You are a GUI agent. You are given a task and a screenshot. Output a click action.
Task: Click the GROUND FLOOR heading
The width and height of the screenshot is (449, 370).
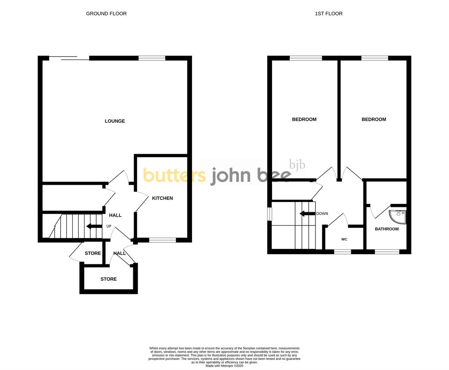pos(106,13)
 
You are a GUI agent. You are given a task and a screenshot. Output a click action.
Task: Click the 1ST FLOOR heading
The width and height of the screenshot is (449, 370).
pos(329,13)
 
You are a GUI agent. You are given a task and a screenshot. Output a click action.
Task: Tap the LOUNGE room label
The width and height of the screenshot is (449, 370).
pos(115,121)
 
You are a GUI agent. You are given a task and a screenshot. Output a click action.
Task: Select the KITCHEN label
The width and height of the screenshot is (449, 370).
pos(162,198)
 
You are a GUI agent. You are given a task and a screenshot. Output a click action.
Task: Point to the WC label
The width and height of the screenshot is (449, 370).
pos(344,239)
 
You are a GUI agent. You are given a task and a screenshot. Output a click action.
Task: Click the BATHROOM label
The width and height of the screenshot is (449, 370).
pos(387,229)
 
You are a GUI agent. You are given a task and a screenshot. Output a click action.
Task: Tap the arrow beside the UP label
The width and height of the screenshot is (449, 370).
pos(94,226)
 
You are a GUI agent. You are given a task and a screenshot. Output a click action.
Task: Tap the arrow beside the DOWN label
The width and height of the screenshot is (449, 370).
pos(307,214)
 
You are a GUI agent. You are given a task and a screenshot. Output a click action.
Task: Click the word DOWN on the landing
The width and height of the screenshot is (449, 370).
pos(322,214)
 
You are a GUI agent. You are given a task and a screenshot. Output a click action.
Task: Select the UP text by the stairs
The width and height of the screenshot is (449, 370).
pos(109,226)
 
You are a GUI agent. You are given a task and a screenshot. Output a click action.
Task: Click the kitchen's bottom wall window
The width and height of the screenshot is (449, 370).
pos(162,240)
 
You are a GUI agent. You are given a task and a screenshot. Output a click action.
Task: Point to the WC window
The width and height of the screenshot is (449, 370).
pos(342,252)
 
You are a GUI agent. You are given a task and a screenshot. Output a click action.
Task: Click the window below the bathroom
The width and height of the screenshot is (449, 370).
pos(387,252)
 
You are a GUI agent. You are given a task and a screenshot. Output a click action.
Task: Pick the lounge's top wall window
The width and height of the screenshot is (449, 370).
pos(152,58)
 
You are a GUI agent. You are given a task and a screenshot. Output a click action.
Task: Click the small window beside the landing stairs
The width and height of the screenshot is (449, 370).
pos(269,214)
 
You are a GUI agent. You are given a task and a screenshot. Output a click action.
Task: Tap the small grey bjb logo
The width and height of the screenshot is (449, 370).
pos(297,165)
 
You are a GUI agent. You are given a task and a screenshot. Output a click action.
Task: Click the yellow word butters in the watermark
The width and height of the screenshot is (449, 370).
pos(174,175)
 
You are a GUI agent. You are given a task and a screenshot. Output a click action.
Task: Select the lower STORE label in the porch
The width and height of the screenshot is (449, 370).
pos(109,279)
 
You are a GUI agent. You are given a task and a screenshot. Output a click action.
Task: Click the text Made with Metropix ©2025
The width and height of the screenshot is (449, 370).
pos(224,366)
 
